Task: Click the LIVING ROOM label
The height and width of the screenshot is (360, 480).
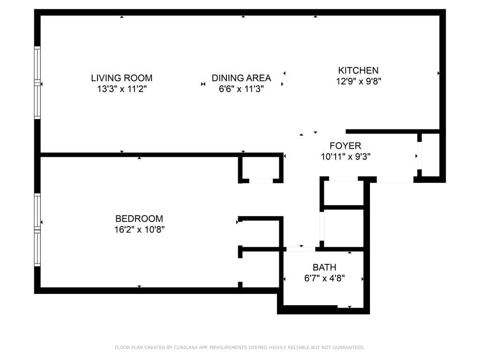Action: (x=121, y=78)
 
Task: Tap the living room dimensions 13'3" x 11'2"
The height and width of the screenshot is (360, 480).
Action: (x=121, y=89)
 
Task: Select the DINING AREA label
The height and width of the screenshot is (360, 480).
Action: (x=241, y=78)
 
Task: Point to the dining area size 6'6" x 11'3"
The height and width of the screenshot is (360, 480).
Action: (x=241, y=89)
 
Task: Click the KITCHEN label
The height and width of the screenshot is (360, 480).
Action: (x=358, y=70)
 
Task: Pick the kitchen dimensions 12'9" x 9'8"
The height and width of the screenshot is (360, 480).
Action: (x=358, y=82)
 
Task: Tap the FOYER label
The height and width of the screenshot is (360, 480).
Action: (x=345, y=146)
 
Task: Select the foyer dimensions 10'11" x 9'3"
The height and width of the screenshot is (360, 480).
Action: (x=345, y=157)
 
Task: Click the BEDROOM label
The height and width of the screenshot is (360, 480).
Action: (x=139, y=218)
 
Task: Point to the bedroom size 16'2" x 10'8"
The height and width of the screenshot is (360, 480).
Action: (x=139, y=230)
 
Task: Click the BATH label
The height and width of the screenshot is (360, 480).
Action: (x=324, y=267)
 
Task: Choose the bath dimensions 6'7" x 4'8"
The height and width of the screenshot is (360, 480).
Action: (x=324, y=278)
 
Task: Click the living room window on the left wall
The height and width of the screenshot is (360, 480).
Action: (x=37, y=82)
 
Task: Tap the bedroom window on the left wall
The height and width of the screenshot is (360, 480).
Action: (x=37, y=230)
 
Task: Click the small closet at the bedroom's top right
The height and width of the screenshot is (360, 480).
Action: (x=261, y=168)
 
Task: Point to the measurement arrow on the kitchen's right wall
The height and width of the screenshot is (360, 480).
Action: (x=439, y=73)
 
